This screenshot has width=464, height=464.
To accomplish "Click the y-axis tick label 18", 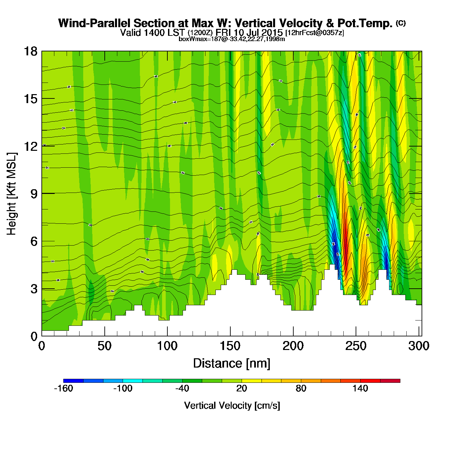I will (x=30, y=51).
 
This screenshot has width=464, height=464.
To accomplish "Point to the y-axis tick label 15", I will (x=30, y=99).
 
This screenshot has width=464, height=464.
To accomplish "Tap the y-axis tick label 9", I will (x=34, y=194).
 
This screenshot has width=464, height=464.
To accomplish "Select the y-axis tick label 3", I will (x=34, y=289).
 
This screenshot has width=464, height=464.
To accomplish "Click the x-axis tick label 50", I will (x=104, y=346).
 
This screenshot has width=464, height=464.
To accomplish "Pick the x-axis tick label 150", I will (x=230, y=346).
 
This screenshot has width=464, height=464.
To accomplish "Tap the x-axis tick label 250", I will (x=356, y=346).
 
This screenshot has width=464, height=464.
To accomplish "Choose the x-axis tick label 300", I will (x=419, y=346).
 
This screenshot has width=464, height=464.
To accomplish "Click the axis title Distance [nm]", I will (x=232, y=364).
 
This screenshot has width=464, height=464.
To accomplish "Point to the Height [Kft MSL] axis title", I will (x=12, y=194).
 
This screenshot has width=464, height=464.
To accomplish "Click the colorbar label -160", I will (x=63, y=388).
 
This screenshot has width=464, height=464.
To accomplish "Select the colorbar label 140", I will (x=360, y=388).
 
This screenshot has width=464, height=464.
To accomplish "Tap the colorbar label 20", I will (x=242, y=388).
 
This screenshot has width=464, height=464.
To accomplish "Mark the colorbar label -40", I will (x=182, y=388).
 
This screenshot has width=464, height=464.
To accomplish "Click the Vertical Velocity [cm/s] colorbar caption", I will (x=232, y=406).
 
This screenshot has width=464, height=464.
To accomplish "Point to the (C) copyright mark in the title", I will (x=401, y=23).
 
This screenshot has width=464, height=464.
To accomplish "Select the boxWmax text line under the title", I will (x=232, y=39).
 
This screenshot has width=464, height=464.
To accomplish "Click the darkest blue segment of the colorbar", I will (x=73, y=381).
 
